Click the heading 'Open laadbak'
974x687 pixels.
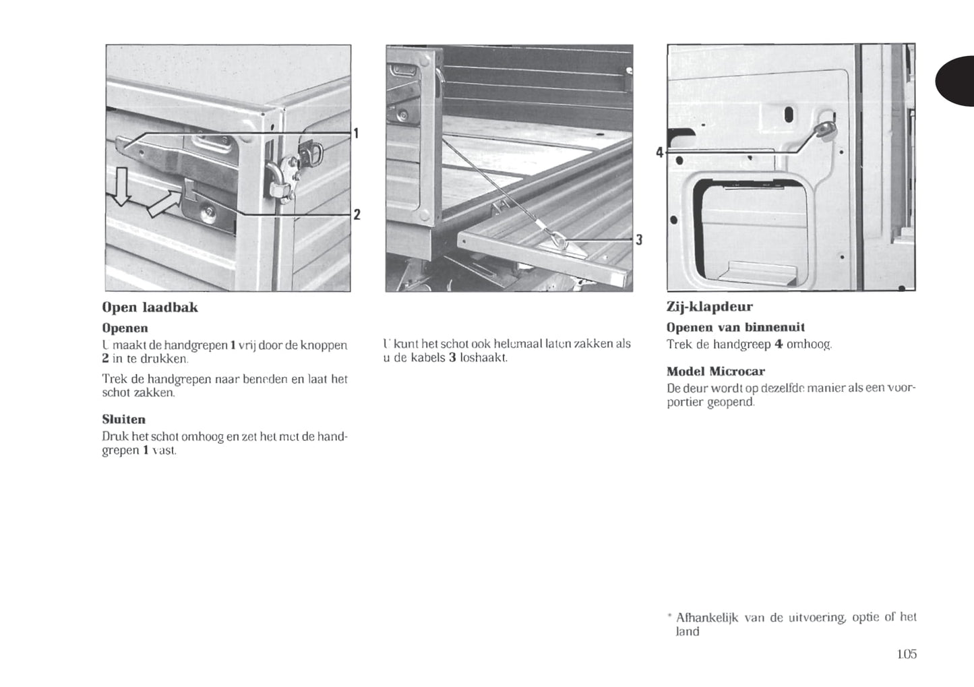click(150, 307)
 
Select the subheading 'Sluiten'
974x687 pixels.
click(123, 419)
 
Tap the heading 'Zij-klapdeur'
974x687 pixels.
click(709, 307)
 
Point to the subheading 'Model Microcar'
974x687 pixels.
click(715, 371)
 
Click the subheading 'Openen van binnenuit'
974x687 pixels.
click(735, 328)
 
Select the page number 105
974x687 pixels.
click(907, 653)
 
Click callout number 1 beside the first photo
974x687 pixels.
click(356, 133)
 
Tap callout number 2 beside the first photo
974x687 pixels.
click(357, 214)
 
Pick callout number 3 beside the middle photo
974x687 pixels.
click(638, 239)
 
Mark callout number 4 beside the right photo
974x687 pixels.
click(660, 152)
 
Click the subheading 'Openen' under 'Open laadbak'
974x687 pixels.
click(125, 328)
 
